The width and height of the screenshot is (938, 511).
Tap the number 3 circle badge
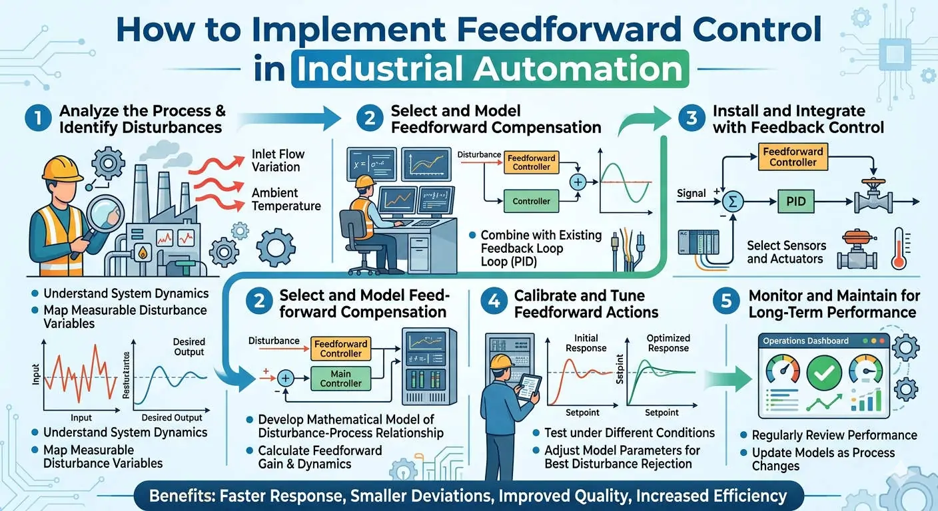click(692, 119)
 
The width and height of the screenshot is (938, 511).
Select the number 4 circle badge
click(494, 303)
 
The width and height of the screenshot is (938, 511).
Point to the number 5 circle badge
click(725, 303)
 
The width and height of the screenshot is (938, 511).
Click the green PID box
click(796, 201)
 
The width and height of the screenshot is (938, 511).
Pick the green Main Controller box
click(341, 377)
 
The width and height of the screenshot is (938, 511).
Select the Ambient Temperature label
click(286, 199)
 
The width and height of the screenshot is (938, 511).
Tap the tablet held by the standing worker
click(529, 387)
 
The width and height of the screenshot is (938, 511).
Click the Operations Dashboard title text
click(805, 341)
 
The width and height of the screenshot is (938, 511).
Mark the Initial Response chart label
click(586, 343)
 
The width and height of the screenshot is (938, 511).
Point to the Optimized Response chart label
click(668, 343)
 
